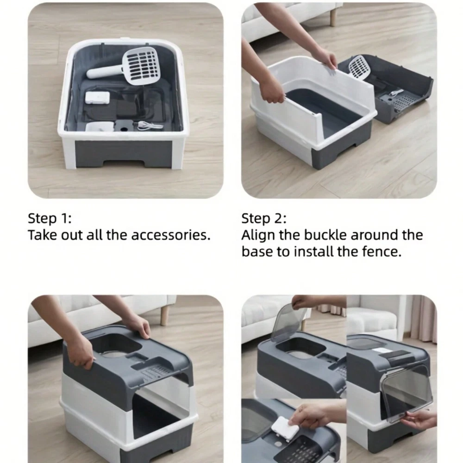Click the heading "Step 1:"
pyautogui.click(x=50, y=219)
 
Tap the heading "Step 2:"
pyautogui.click(x=264, y=219)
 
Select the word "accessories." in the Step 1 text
pyautogui.click(x=171, y=235)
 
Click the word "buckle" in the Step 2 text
pyautogui.click(x=325, y=235)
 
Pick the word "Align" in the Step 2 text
pyautogui.click(x=258, y=236)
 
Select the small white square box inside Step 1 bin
pyautogui.click(x=97, y=97)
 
